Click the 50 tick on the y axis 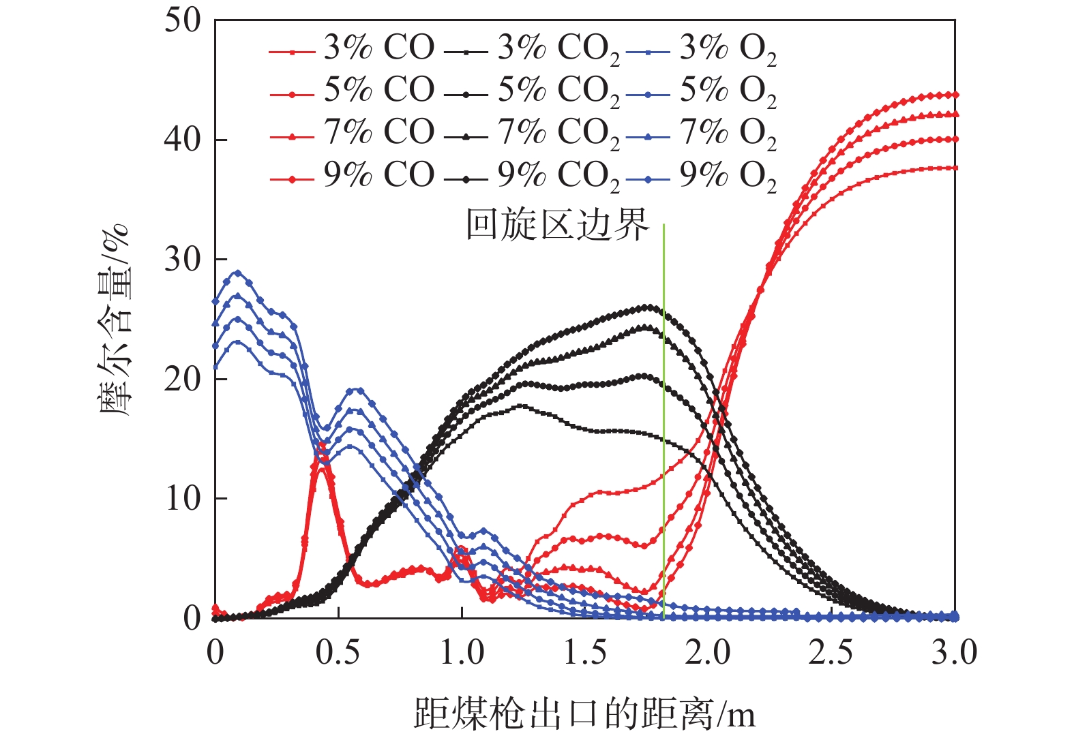click(x=183, y=20)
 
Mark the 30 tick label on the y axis click(x=183, y=260)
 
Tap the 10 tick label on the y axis click(x=183, y=499)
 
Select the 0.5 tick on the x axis click(x=338, y=654)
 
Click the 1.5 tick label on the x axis click(x=585, y=654)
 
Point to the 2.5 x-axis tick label click(x=831, y=654)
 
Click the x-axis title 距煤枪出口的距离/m click(x=584, y=714)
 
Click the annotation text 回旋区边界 click(x=558, y=224)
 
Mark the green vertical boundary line click(x=663, y=422)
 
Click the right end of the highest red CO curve click(x=955, y=95)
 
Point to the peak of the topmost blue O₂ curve click(x=237, y=273)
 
